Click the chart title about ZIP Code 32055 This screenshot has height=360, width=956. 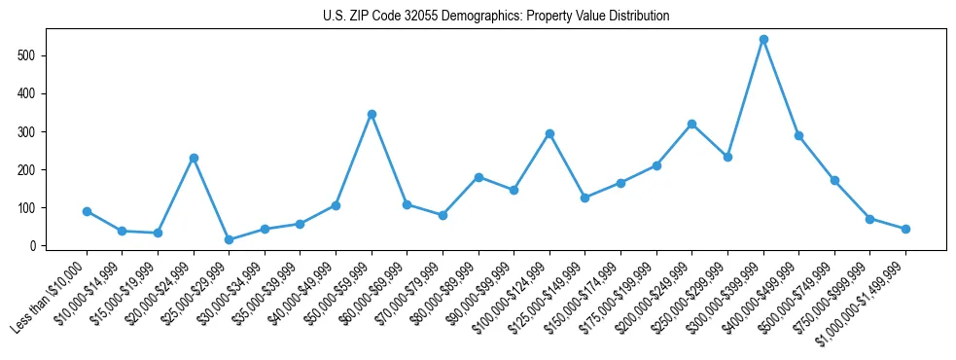(496, 16)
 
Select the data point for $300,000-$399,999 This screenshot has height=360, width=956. (763, 40)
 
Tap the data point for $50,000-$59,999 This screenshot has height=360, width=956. (372, 114)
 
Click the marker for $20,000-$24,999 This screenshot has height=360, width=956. (194, 158)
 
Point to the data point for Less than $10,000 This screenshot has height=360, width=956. (87, 211)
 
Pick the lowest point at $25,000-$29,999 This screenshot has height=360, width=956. (229, 239)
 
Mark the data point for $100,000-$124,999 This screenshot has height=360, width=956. (549, 133)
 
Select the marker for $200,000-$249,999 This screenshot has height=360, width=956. (691, 124)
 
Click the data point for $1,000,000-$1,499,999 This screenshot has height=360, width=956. (905, 229)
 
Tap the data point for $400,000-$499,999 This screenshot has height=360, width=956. (798, 135)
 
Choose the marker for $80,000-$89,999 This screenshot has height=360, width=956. (478, 177)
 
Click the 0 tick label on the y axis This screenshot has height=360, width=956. (32, 246)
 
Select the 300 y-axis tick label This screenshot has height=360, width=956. (28, 131)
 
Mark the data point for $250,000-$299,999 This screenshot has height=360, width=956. (727, 157)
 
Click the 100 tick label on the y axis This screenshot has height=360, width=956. (28, 208)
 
